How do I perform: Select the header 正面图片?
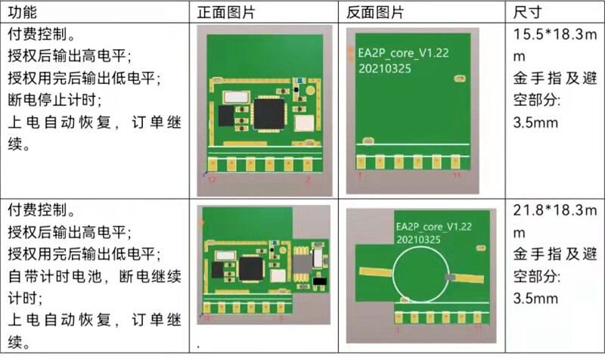[x=225, y=12]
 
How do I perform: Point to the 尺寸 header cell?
[x=526, y=12]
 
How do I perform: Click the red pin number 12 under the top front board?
[x=213, y=180]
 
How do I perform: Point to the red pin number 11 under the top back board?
[x=456, y=175]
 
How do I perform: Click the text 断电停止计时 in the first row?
[x=59, y=99]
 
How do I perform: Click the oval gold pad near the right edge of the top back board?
[x=458, y=77]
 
